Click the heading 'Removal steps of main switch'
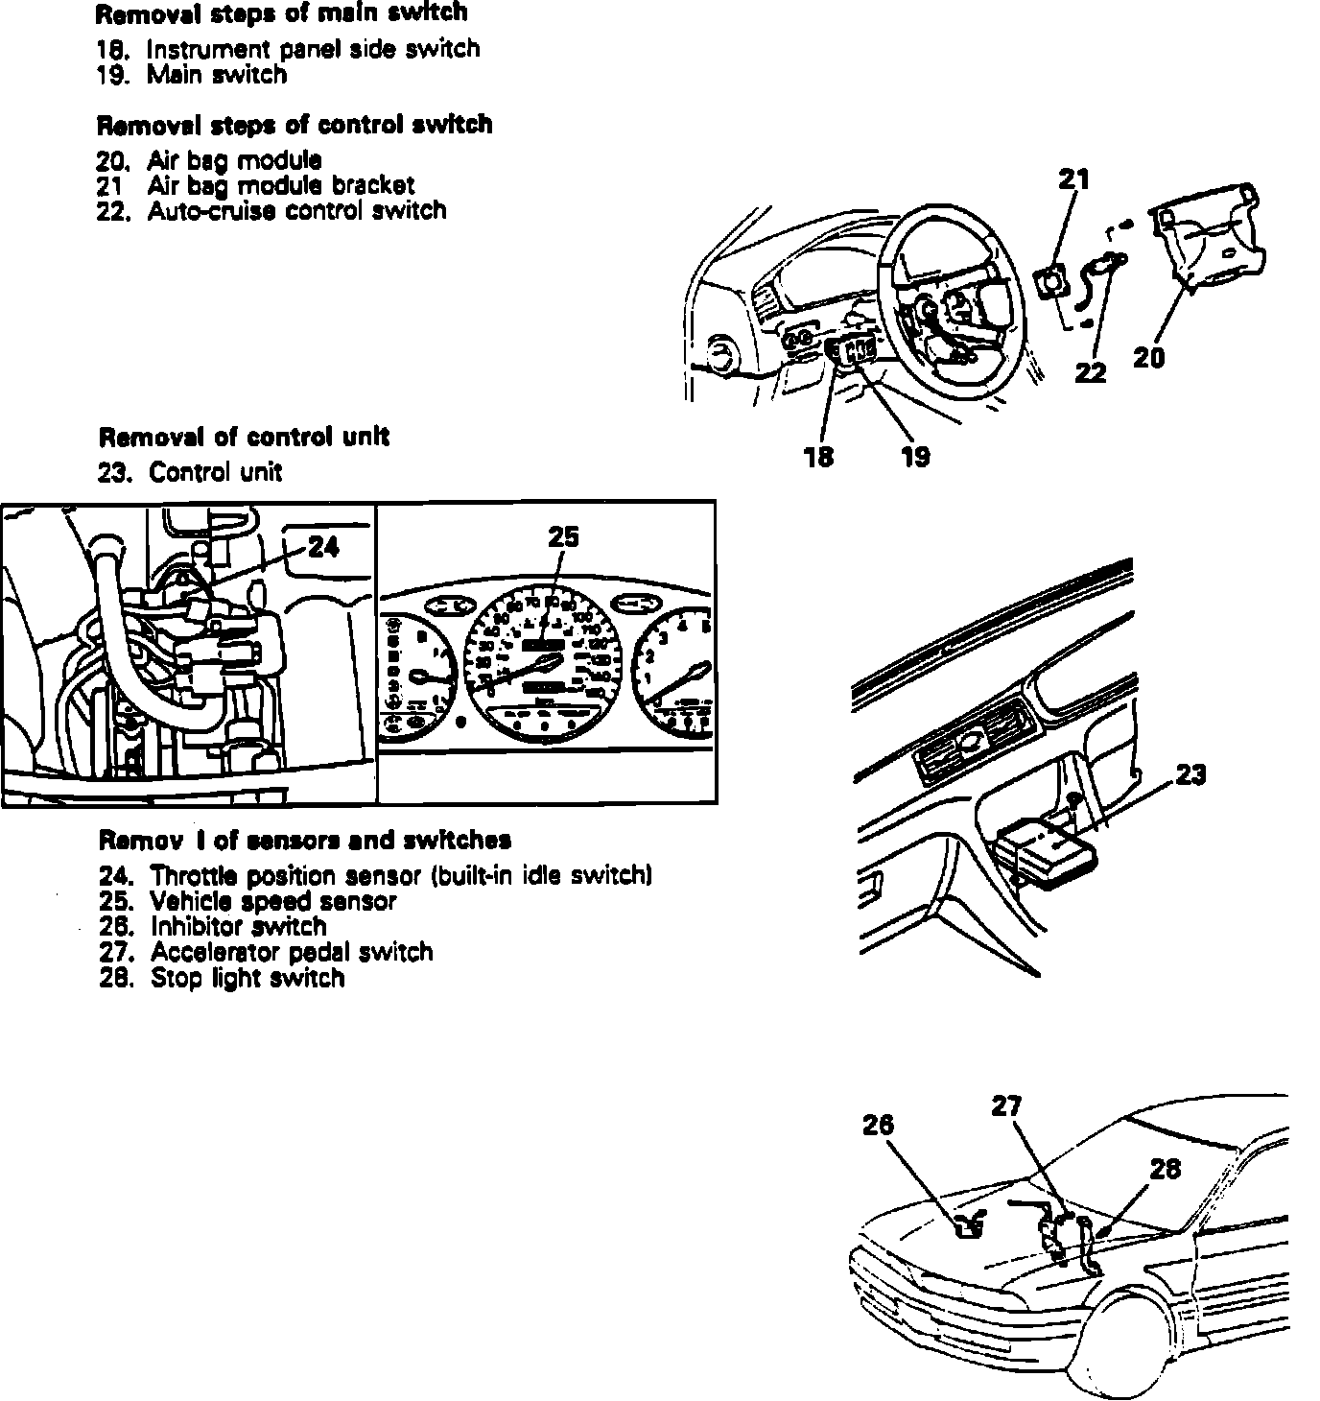pyautogui.click(x=282, y=13)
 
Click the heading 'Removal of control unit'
pyautogui.click(x=244, y=438)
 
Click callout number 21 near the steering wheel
pyautogui.click(x=1074, y=179)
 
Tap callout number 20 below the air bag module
pyautogui.click(x=1148, y=358)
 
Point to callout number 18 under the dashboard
pyautogui.click(x=818, y=457)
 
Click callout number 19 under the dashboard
pyautogui.click(x=915, y=457)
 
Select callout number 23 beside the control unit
pyautogui.click(x=1190, y=774)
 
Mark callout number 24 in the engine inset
pyautogui.click(x=323, y=547)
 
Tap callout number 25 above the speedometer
pyautogui.click(x=563, y=537)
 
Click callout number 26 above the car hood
pyautogui.click(x=878, y=1124)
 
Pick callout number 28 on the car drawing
pyautogui.click(x=1165, y=1169)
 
